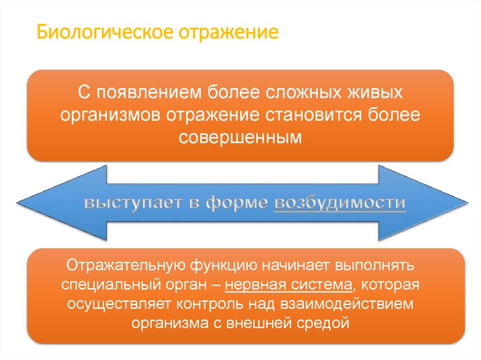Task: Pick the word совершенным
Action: [240, 137]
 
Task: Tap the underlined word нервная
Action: [255, 285]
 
